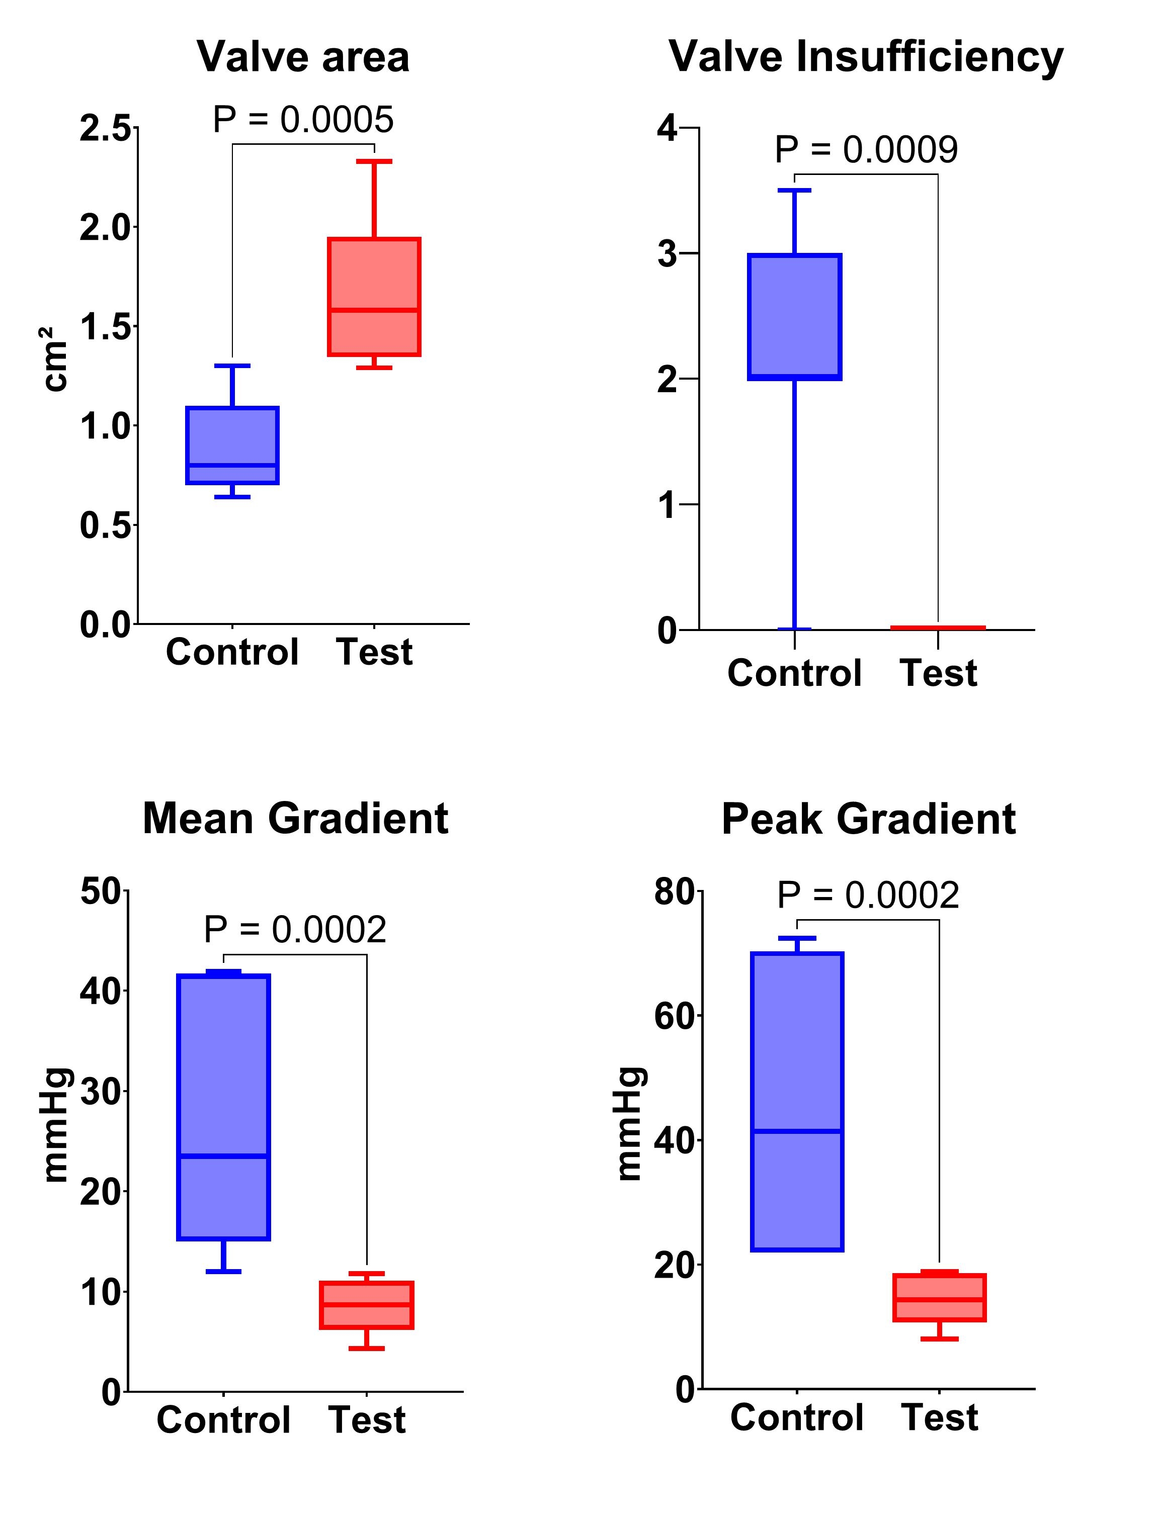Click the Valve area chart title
tap(303, 57)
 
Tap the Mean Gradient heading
tap(295, 819)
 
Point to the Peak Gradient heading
tap(868, 819)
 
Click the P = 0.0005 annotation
tap(303, 120)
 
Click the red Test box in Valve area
tap(374, 297)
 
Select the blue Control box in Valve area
tap(232, 445)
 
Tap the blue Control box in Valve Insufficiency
tap(795, 316)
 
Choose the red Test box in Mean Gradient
tap(366, 1305)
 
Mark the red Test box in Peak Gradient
tap(939, 1298)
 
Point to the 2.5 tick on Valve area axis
tap(104, 129)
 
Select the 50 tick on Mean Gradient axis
tap(100, 891)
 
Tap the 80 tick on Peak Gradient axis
tap(674, 892)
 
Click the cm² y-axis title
tap(55, 359)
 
